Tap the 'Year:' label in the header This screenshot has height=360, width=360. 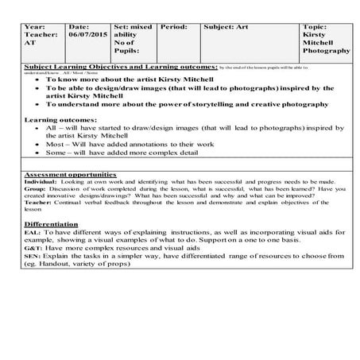tap(37, 26)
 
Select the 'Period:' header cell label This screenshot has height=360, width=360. tap(173, 26)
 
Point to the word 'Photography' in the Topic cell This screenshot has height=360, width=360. tap(326, 50)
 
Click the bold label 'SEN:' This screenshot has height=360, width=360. tap(33, 256)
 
